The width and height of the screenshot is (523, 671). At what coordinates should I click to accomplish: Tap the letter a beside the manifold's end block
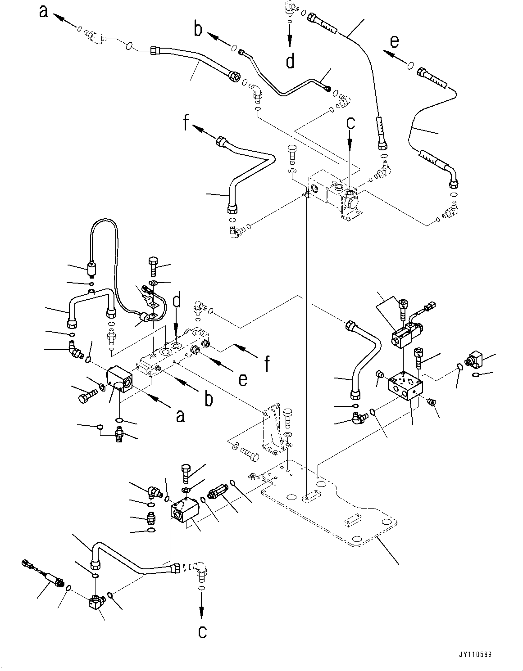click(x=180, y=416)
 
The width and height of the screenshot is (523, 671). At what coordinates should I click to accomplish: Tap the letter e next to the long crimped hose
click(x=394, y=41)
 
